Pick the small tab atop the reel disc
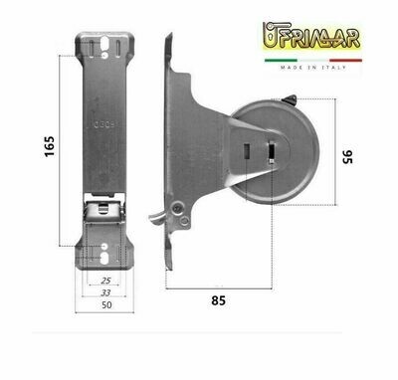[x=289, y=100]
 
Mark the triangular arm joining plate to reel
[x=204, y=149]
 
